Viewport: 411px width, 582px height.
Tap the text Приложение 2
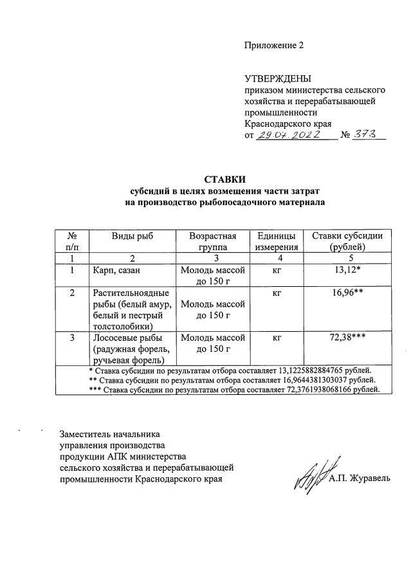273,46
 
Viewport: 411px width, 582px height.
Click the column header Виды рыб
132,236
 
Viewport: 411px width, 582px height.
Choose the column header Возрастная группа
213,241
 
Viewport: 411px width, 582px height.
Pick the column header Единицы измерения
276,241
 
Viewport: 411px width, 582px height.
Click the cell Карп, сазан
116,269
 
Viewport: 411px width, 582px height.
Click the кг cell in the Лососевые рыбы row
276,337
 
